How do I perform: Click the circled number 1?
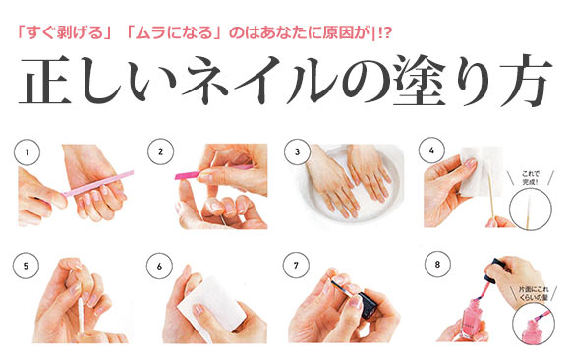point(27,152)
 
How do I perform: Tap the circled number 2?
point(160,151)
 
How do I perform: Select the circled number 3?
point(297,151)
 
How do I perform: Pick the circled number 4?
point(431,150)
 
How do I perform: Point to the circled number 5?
point(26,266)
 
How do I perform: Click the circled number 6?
point(159,267)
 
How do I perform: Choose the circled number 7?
point(296,266)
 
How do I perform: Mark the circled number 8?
point(437,264)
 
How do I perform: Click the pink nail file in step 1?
point(98,183)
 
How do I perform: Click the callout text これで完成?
point(530,178)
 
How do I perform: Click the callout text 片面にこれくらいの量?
point(534,293)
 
